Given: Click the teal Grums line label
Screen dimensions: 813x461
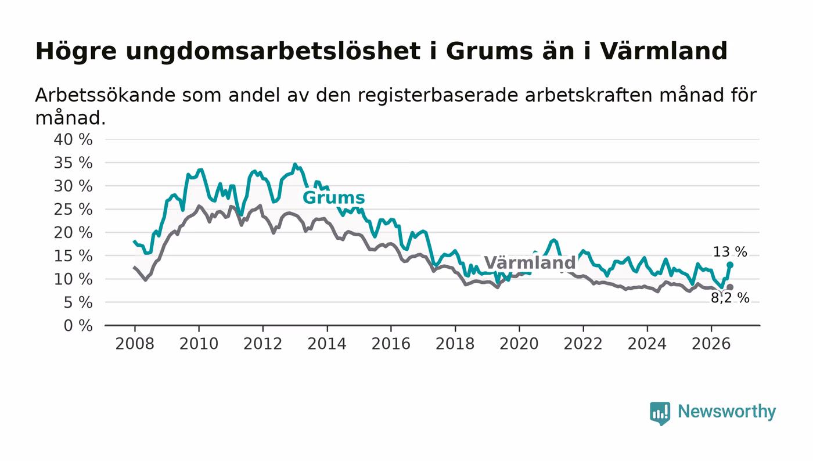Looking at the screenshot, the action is point(333,198).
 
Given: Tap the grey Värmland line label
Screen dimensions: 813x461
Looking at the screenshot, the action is point(530,262).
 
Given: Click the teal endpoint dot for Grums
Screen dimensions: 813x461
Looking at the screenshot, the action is point(730,265).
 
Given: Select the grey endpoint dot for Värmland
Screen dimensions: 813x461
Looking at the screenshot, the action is point(730,287).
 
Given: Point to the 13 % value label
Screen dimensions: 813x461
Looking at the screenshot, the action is point(730,251).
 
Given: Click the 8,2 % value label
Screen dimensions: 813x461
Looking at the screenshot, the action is point(730,298).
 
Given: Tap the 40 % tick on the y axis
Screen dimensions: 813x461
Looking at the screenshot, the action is point(73,139).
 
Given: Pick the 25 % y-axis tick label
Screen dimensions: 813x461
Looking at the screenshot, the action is point(73,210).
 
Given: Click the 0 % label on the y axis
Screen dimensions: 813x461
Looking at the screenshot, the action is point(78,326).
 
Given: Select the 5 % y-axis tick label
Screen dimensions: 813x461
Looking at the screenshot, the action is point(78,302).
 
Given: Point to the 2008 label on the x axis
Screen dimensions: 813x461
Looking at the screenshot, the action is point(135,344).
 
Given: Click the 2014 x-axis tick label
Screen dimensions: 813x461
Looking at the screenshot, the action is point(327,344).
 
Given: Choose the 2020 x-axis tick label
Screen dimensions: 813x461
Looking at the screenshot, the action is point(519,344).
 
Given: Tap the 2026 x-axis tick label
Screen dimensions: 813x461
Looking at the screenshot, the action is point(711,344).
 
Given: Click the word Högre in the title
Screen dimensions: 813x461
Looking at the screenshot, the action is point(76,51).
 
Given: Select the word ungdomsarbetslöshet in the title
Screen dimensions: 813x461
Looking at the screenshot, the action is point(274,51).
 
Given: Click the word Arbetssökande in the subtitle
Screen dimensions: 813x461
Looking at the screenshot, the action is point(105,95).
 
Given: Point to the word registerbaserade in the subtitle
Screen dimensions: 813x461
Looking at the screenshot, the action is point(439,96).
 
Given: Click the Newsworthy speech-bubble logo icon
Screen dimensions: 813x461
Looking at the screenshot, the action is point(660,413).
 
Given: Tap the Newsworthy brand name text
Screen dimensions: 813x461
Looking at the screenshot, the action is point(726,412).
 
